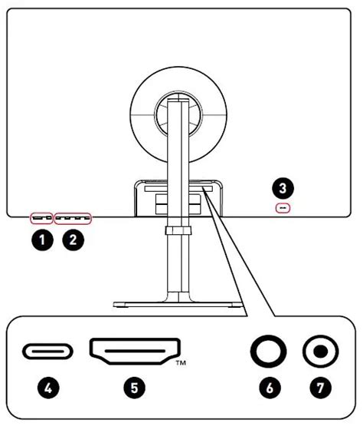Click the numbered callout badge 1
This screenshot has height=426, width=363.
click(42, 239)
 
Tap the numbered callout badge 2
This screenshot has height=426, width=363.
click(74, 239)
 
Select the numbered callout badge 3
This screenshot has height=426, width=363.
click(283, 188)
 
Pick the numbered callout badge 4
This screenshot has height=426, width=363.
click(48, 388)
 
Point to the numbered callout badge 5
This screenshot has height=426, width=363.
click(135, 388)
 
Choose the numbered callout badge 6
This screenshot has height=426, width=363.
click(270, 388)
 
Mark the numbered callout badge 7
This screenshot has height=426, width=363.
click(320, 388)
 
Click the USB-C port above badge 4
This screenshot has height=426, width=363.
click(47, 351)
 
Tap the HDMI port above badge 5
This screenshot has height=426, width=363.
click(135, 351)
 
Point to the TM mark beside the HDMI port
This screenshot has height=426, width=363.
click(181, 363)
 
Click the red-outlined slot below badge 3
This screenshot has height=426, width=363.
click(283, 208)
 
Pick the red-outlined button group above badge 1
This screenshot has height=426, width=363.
click(41, 218)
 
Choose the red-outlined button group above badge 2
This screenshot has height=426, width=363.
click(73, 219)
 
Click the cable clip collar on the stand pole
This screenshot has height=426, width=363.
click(178, 231)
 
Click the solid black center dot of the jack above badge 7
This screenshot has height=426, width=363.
click(320, 352)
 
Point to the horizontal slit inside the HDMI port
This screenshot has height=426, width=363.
click(135, 351)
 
